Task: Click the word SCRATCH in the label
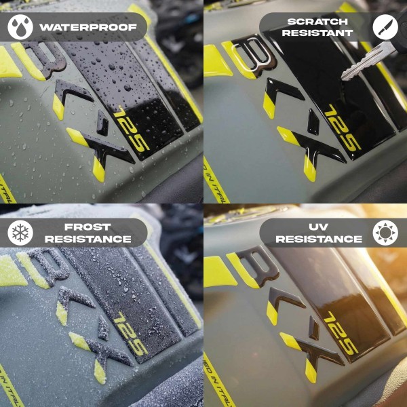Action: pyautogui.click(x=317, y=20)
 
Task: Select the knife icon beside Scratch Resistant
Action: pyautogui.click(x=385, y=26)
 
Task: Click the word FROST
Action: pyautogui.click(x=88, y=226)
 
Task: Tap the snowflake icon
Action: pyautogui.click(x=21, y=233)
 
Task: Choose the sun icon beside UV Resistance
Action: pyautogui.click(x=385, y=233)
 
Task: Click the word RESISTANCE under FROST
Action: pyautogui.click(x=88, y=239)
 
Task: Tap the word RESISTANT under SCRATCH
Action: pyautogui.click(x=317, y=33)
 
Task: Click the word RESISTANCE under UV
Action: pyautogui.click(x=319, y=239)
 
